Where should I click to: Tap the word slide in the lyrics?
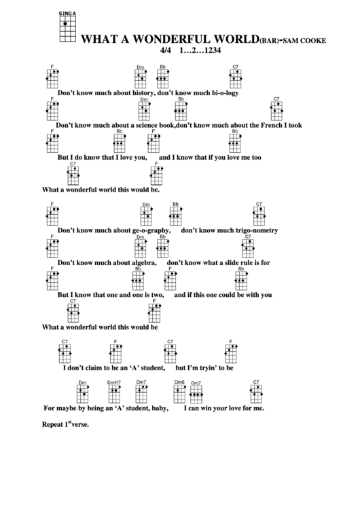coord(232,262)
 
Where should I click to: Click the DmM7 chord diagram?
coord(113,391)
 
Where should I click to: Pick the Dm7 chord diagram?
coord(141,391)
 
